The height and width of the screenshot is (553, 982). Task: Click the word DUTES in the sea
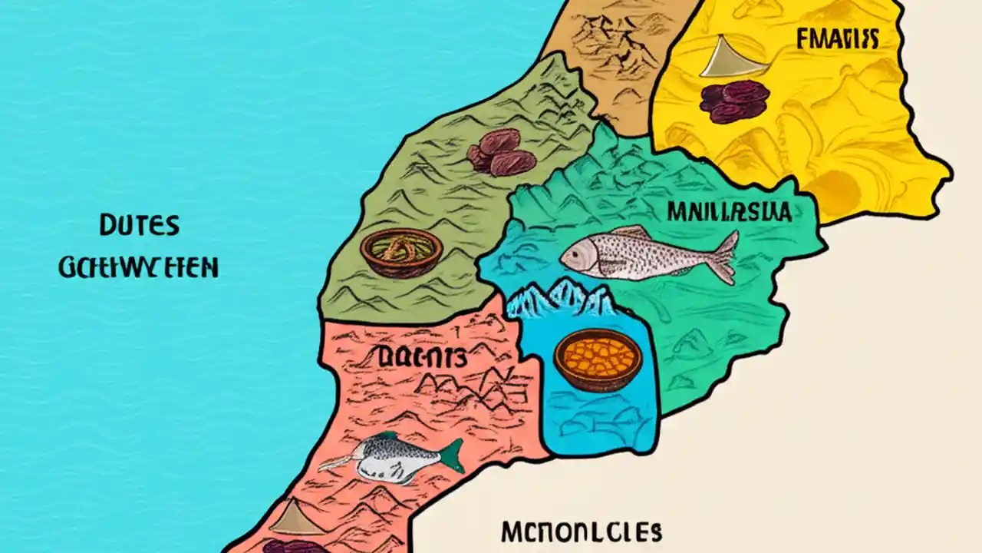[139, 226]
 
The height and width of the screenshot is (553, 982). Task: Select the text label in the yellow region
[837, 39]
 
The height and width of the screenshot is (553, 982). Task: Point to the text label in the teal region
[729, 211]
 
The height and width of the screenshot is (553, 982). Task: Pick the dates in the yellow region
[733, 101]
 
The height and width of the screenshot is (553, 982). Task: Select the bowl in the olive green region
[401, 252]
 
